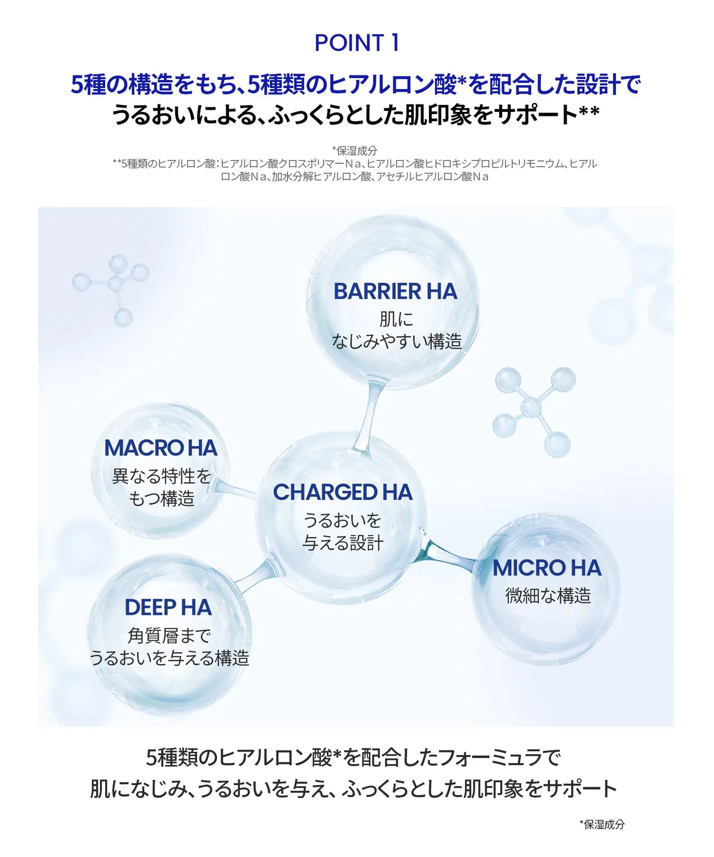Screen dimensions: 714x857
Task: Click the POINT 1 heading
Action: click(x=356, y=43)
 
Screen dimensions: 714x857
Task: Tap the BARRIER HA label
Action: click(x=395, y=291)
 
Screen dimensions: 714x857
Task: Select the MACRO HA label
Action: click(x=161, y=448)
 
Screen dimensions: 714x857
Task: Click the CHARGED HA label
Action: click(x=343, y=492)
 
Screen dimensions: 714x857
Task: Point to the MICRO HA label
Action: click(x=547, y=568)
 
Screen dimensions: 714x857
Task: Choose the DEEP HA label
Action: click(x=169, y=607)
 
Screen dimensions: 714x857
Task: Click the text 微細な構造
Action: click(x=548, y=595)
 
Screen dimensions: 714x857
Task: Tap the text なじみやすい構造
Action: click(x=396, y=341)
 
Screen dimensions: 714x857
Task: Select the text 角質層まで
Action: click(x=169, y=636)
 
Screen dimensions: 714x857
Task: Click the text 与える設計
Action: click(x=343, y=543)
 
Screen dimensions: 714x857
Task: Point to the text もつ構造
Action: click(x=161, y=499)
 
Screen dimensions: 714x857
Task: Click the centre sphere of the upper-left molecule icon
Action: click(x=115, y=283)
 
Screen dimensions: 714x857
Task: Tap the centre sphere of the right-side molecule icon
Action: click(x=531, y=407)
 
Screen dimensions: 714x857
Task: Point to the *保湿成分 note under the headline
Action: click(x=355, y=151)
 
